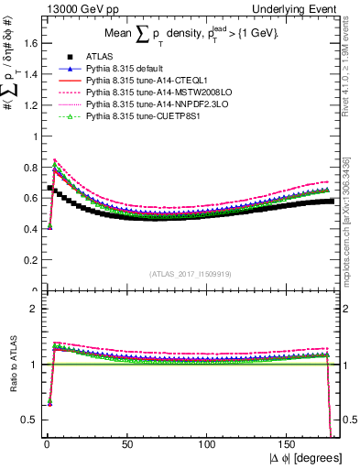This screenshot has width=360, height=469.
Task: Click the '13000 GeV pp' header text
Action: click(65, 8)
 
